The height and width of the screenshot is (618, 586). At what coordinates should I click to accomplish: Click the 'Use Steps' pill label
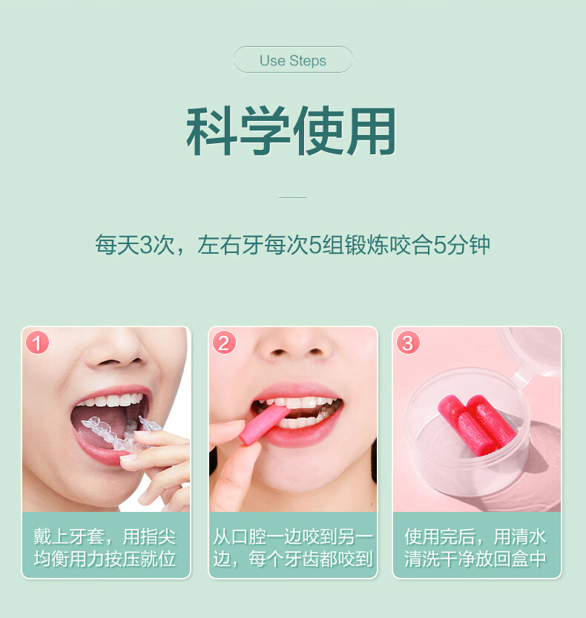[x=293, y=59]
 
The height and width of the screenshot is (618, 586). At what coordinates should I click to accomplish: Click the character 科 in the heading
[x=212, y=131]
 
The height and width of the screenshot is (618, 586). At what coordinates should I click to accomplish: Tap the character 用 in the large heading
[x=371, y=131]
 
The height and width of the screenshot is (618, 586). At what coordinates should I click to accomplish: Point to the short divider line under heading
[x=293, y=197]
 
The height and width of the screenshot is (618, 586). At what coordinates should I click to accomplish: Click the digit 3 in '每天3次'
[x=146, y=245]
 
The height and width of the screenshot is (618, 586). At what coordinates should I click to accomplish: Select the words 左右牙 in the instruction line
[x=230, y=245]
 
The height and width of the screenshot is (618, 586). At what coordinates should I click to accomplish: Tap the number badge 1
[x=37, y=342]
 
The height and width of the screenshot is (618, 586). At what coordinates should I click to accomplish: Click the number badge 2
[x=224, y=342]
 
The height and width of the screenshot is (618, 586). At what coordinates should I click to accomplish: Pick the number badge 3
[x=408, y=342]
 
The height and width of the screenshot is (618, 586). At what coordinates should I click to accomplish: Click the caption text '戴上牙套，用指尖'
[x=105, y=536]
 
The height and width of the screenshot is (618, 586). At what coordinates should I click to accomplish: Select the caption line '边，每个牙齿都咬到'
[x=293, y=559]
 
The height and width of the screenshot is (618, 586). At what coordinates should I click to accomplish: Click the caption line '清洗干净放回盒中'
[x=475, y=559]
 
